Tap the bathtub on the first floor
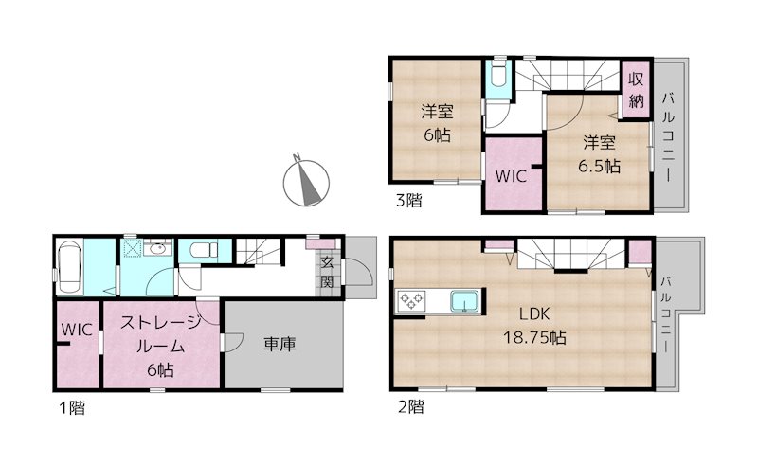click(x=69, y=266)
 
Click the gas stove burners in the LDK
click(x=411, y=301)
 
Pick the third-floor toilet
click(x=497, y=79)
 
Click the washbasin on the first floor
click(x=157, y=248)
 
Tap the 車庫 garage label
click(x=280, y=344)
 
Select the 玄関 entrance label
click(x=328, y=272)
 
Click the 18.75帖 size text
click(x=534, y=337)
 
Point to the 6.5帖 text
click(x=600, y=166)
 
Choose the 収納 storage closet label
click(x=636, y=90)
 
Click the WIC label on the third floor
click(x=511, y=176)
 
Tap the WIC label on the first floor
click(x=77, y=330)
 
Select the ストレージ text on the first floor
click(x=160, y=322)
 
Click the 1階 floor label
click(x=72, y=408)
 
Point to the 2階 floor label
click(x=411, y=407)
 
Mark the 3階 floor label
click(x=409, y=200)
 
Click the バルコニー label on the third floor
click(x=668, y=137)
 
